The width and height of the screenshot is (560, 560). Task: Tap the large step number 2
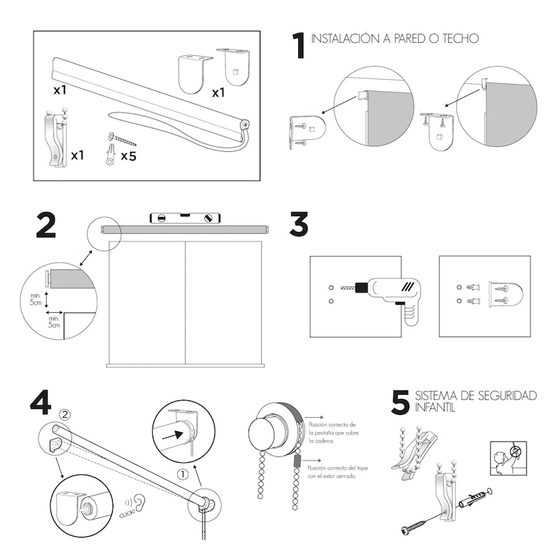pyautogui.click(x=46, y=225)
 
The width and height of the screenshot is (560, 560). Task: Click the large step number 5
pyautogui.click(x=400, y=402)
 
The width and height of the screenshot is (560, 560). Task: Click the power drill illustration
pyautogui.click(x=388, y=294)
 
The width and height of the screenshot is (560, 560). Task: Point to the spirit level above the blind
pyautogui.click(x=185, y=218)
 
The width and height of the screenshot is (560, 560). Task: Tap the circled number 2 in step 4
pyautogui.click(x=65, y=414)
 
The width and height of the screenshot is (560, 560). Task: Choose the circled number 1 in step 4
pyautogui.click(x=183, y=474)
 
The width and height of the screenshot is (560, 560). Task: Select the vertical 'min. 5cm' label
pyautogui.click(x=35, y=299)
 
